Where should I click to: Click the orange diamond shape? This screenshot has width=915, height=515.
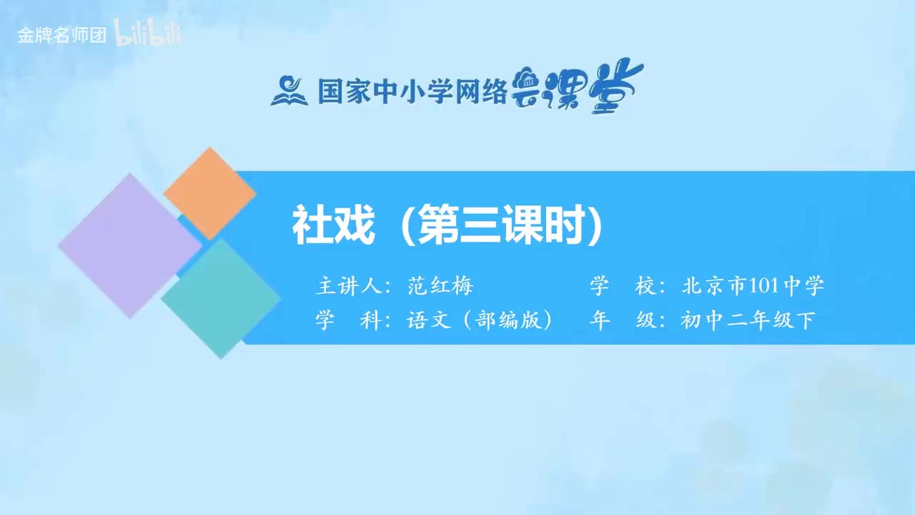209,193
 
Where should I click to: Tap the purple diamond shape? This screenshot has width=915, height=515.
129,245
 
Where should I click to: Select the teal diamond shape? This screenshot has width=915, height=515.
221,298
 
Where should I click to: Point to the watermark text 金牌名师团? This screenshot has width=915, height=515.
61,36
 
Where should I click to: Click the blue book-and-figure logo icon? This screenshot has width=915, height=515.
289,90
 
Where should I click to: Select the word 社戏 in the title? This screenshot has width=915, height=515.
333,226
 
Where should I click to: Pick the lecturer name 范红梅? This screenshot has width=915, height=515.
440,286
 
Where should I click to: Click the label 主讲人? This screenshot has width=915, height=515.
347,286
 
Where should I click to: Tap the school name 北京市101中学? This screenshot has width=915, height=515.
753,286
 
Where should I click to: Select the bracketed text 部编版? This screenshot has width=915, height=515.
507,320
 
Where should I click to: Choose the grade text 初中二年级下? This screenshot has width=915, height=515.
747,320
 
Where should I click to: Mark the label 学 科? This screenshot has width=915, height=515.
347,320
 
